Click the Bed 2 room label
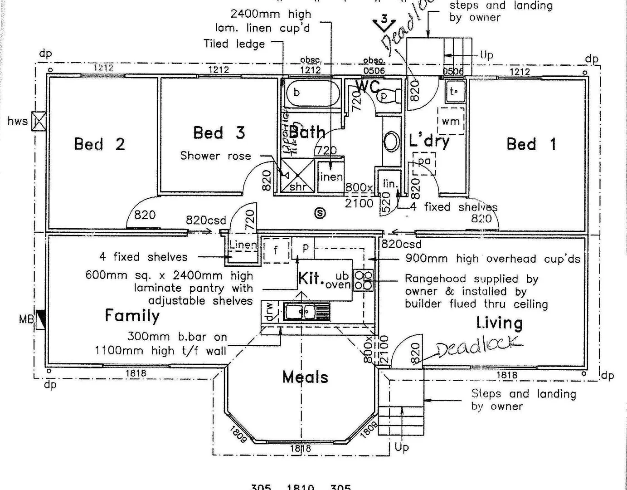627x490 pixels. point(99,144)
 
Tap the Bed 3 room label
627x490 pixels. point(219,133)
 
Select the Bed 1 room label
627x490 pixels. point(531,144)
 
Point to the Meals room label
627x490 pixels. point(305,377)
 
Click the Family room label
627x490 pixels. point(132,315)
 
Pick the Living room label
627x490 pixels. point(499,323)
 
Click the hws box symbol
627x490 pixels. point(39,121)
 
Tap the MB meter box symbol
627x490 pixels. point(41,319)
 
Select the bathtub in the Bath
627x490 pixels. point(313,93)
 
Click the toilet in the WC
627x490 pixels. point(389,96)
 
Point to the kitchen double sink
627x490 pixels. point(300,312)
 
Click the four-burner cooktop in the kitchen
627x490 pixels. point(363,280)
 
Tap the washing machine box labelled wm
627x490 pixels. point(450,121)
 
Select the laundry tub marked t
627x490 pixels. point(453,91)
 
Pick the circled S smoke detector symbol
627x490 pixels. point(320,212)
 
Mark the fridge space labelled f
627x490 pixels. point(276,250)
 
